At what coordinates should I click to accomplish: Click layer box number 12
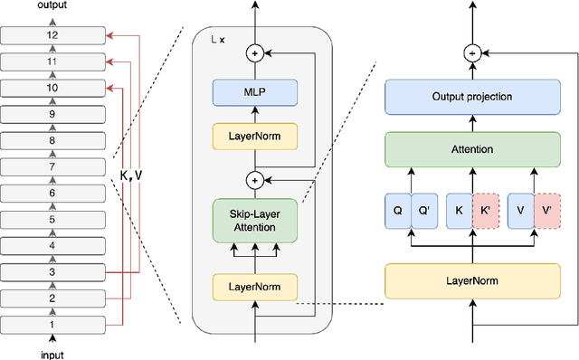[52, 36]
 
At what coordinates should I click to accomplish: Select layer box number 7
[52, 167]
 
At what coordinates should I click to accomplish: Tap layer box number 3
[52, 271]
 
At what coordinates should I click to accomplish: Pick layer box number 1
[52, 324]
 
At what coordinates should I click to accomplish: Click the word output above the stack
[52, 6]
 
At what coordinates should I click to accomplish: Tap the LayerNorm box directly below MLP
[254, 137]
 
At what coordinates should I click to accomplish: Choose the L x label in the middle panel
[217, 41]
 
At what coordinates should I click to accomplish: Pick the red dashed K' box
[485, 210]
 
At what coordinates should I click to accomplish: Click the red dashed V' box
[547, 210]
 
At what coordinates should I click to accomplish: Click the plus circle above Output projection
[470, 52]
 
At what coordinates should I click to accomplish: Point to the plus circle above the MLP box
[254, 53]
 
